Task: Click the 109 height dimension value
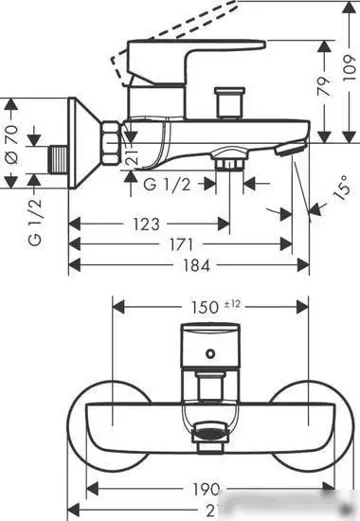coord(348,66)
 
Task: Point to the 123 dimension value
coord(145,225)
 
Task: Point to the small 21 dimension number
coord(134,147)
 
